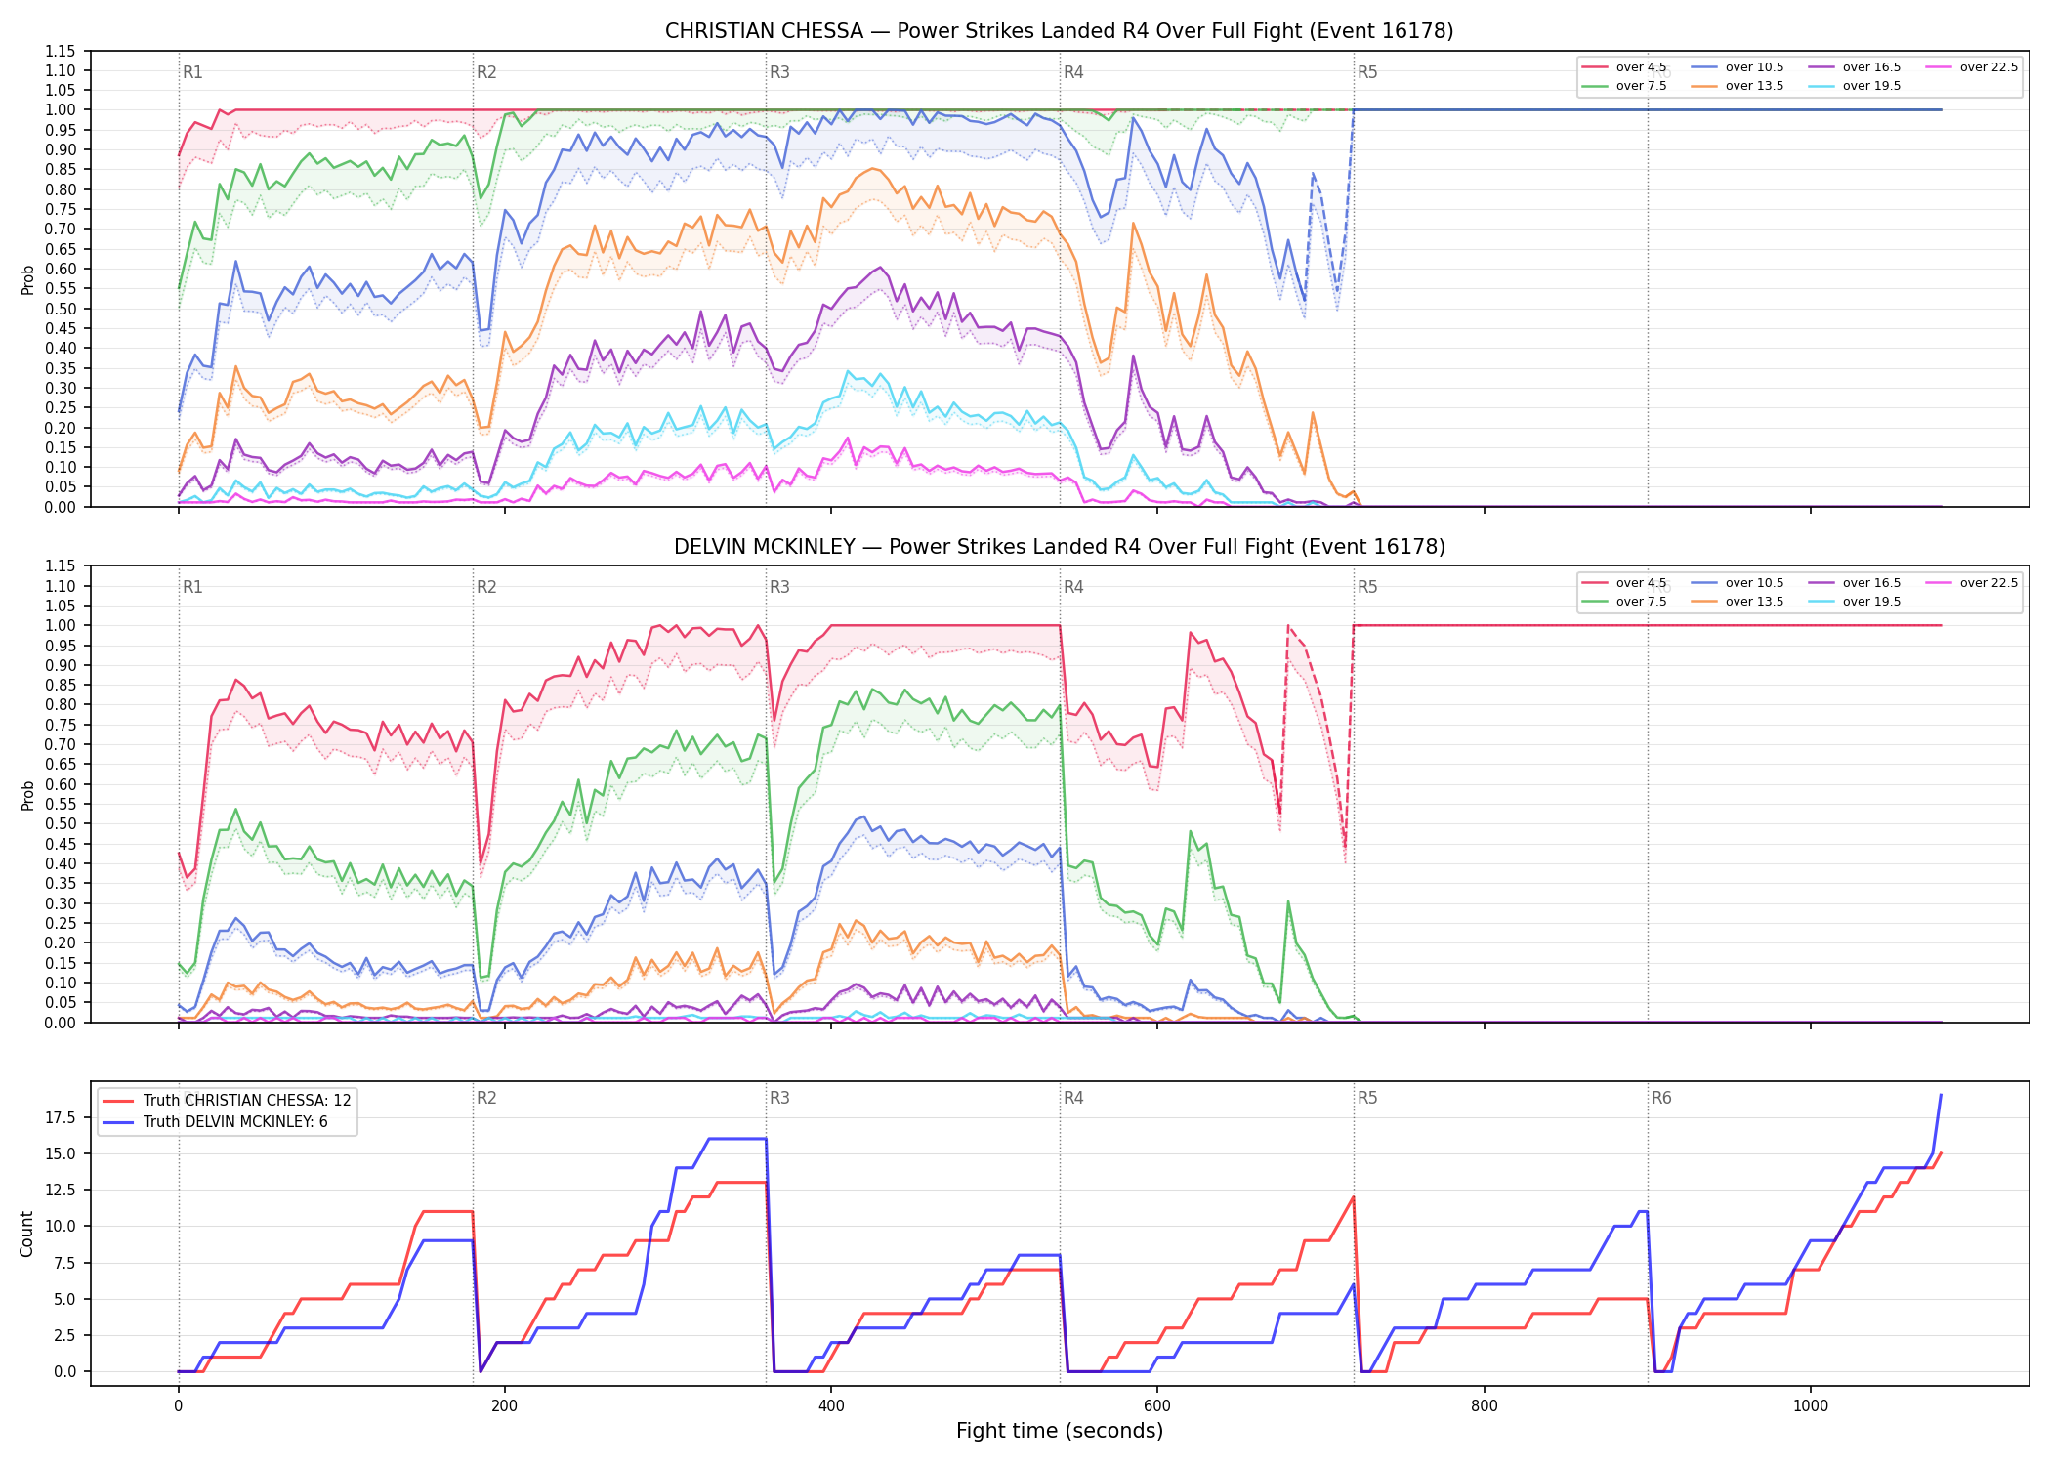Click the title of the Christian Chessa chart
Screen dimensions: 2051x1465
coord(1059,31)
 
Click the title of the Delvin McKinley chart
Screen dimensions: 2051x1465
coord(1059,547)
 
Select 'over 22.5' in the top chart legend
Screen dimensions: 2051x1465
coord(1988,67)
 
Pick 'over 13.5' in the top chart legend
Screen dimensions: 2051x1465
coord(1754,86)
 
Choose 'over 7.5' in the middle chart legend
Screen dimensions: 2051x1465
coord(1641,602)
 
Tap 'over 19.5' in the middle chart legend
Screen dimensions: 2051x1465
coord(1871,602)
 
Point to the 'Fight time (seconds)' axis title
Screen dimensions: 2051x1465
coord(1060,1431)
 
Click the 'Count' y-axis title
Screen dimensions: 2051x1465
coord(26,1234)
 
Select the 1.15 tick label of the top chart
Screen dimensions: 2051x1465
coord(61,51)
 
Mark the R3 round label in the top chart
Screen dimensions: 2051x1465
coord(779,72)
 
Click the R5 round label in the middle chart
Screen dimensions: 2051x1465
coord(1367,587)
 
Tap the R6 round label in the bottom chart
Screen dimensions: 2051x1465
coord(1661,1098)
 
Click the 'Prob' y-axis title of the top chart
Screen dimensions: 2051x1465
coord(28,279)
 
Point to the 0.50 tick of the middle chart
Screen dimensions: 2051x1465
coord(61,823)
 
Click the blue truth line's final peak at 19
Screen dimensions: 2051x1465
coord(1941,1095)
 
